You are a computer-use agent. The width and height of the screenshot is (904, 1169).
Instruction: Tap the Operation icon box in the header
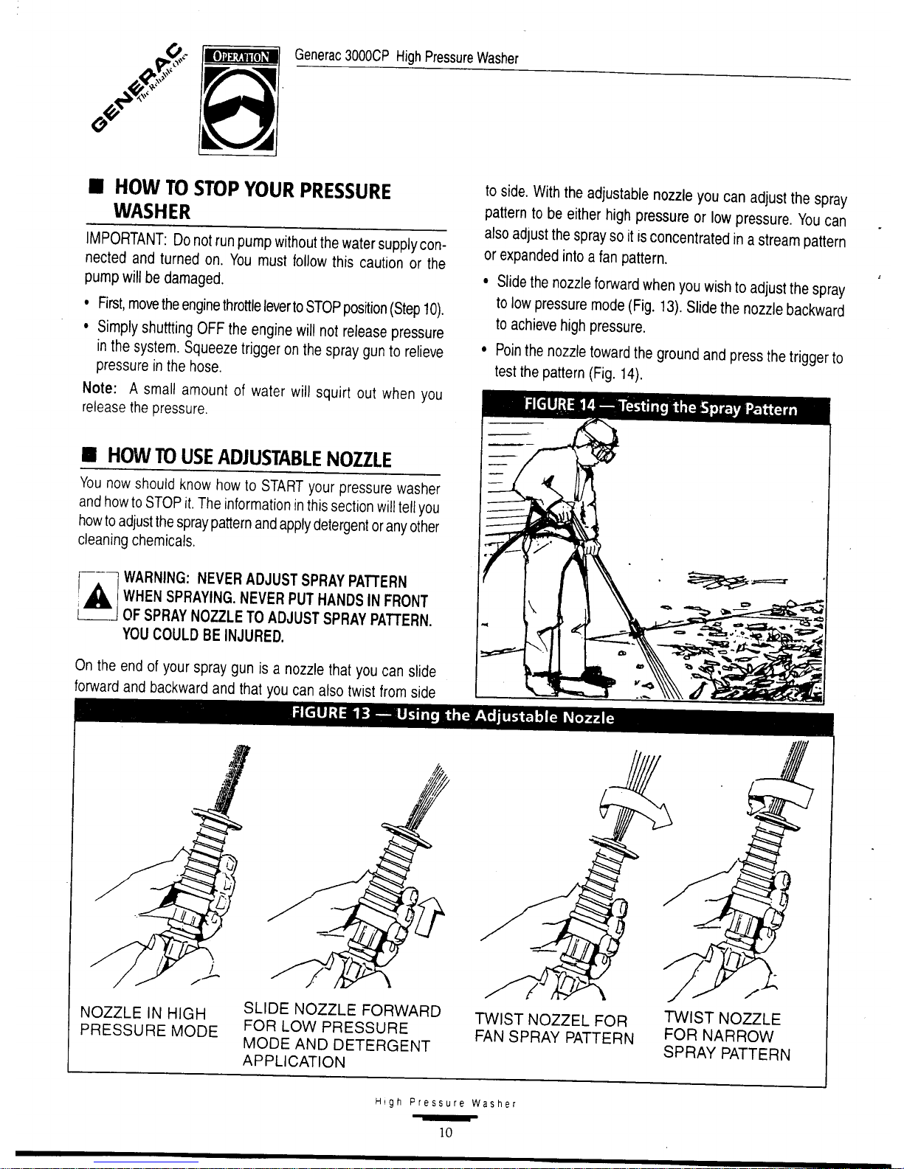coord(238,101)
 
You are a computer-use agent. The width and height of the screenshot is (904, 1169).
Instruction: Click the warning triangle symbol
coord(97,597)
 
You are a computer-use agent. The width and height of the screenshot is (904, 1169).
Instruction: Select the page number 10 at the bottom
coord(446,1132)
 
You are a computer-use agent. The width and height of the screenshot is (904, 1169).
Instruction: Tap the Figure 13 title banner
coord(453,716)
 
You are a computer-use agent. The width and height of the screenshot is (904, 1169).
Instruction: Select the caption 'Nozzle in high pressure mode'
coord(148,1021)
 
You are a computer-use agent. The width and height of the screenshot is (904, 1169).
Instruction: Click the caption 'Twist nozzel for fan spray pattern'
coord(553,1029)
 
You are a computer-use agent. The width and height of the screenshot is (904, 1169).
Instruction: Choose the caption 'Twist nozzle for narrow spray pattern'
coord(726,1036)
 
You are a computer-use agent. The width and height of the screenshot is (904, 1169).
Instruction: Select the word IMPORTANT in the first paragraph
coord(125,239)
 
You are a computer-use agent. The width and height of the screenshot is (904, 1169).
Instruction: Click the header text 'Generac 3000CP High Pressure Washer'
coord(407,57)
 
